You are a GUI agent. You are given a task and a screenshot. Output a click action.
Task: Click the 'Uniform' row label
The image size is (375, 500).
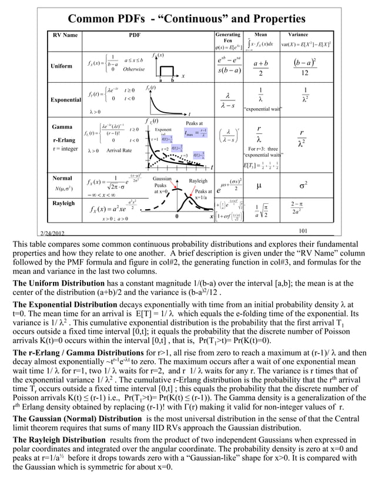[61, 66]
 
